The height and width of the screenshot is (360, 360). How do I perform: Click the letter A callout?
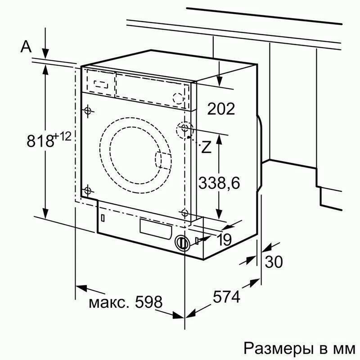[x=26, y=47]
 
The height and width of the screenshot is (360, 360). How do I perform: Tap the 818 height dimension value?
[x=40, y=141]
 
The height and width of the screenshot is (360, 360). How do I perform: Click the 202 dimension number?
[x=221, y=108]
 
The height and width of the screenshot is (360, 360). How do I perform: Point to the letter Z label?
[x=206, y=147]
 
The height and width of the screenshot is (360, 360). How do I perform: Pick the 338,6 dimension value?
[x=219, y=183]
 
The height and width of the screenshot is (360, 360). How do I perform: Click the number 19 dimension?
[x=224, y=240]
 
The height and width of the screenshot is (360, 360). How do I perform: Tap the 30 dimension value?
[x=274, y=262]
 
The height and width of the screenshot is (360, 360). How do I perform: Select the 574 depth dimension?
[x=226, y=297]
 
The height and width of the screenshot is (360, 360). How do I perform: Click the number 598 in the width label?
[x=148, y=301]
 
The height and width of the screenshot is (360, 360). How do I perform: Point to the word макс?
[x=108, y=303]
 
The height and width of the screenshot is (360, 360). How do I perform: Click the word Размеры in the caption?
[x=279, y=348]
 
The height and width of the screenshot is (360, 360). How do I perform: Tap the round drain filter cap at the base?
[x=182, y=243]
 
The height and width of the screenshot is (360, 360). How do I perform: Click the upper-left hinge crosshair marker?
[x=87, y=111]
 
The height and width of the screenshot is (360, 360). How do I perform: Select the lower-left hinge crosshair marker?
[x=87, y=190]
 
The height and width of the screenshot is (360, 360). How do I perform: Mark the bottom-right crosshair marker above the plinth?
[x=184, y=213]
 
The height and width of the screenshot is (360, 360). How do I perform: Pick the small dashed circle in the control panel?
[x=178, y=98]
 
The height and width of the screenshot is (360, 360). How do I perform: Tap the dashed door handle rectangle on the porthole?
[x=163, y=161]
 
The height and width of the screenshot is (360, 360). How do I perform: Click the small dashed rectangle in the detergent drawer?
[x=101, y=84]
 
